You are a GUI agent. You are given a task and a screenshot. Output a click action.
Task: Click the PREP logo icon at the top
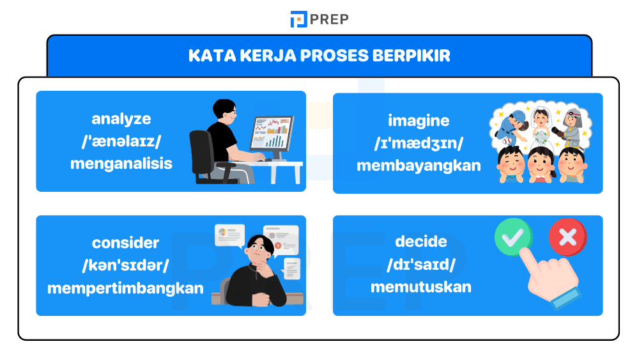coord(298,19)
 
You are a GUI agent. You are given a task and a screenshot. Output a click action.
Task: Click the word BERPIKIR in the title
coord(413,56)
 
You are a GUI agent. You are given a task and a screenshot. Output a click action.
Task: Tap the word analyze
coord(121,118)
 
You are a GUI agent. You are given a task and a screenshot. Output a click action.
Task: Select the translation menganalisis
coord(121,163)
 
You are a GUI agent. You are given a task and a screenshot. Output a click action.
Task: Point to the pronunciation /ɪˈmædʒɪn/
coord(419,143)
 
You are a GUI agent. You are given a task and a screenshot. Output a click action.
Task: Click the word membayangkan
coord(419,166)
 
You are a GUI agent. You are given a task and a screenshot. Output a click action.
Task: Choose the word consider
coord(125,243)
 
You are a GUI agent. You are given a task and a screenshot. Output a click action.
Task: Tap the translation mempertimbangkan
coord(125,287)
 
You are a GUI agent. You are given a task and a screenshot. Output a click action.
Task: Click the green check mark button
coord(513,237)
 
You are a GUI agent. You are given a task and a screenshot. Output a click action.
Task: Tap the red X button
coord(567,237)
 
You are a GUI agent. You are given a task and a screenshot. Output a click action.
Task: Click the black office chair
coord(204,157)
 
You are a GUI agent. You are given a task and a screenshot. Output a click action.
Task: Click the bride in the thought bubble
coord(540,125)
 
